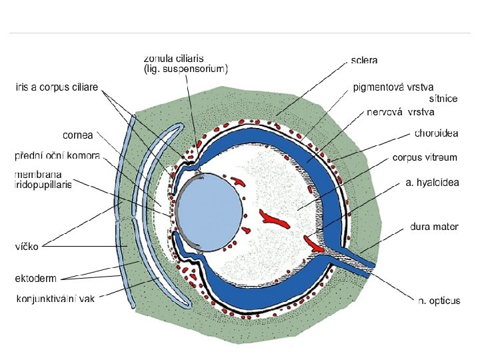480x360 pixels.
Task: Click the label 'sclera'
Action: [364, 60]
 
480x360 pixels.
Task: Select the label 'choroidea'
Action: [436, 133]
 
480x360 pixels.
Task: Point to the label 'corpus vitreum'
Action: [425, 158]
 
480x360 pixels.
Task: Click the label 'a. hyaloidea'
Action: [432, 183]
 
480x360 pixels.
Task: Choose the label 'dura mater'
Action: [434, 227]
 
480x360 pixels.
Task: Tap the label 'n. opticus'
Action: [439, 301]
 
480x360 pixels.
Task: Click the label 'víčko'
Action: [27, 245]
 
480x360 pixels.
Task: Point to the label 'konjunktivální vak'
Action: [55, 298]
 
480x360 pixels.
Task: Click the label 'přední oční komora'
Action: [57, 157]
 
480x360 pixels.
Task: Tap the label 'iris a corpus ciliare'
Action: [57, 87]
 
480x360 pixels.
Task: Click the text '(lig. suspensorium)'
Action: [186, 68]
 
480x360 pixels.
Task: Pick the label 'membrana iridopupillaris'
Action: [43, 179]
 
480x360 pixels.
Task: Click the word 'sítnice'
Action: [443, 99]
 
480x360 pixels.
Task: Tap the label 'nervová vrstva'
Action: [401, 111]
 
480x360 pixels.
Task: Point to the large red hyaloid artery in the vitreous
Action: [274, 218]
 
